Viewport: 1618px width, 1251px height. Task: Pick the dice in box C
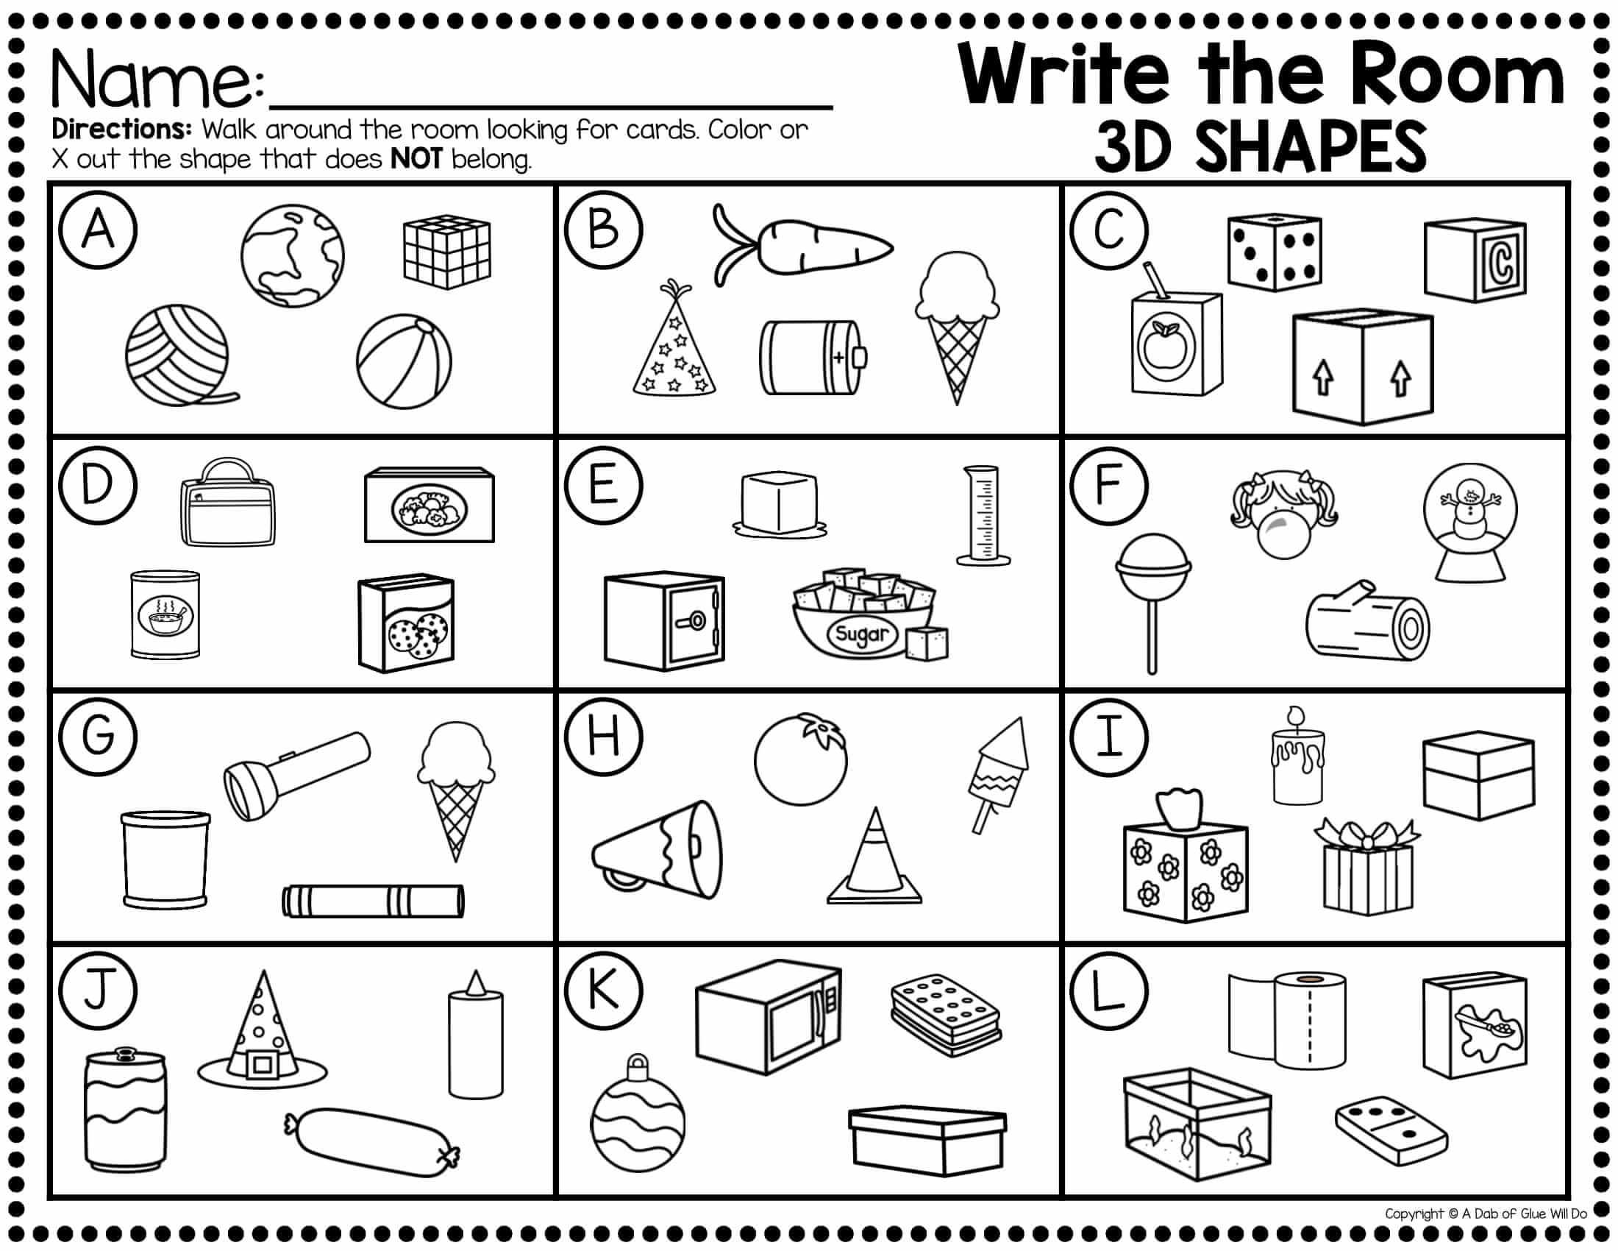1275,252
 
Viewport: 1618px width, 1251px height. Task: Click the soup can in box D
165,614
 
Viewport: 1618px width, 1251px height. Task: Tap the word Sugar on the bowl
861,634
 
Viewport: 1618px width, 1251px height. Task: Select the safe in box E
664,620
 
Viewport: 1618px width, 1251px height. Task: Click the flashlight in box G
296,776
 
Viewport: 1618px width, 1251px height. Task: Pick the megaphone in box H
656,849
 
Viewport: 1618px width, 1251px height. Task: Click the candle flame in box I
1295,716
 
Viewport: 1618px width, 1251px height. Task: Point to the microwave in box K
769,1018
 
